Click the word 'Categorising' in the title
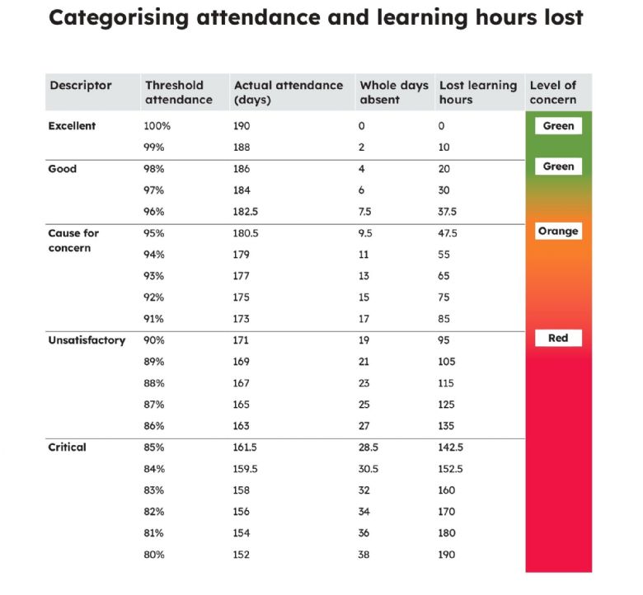[119, 18]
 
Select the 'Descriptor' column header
[81, 85]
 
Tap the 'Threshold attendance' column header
[179, 92]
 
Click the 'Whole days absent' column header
[394, 92]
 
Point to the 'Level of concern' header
[553, 92]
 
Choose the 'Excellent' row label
[72, 126]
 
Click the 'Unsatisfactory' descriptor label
[87, 340]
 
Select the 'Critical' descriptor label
[67, 447]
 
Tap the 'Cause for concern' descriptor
[73, 241]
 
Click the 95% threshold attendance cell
[154, 233]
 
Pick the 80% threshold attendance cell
[154, 555]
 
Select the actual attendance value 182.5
[245, 212]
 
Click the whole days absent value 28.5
[368, 447]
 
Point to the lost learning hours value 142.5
[450, 447]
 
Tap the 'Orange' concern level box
[558, 232]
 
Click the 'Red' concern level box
[558, 339]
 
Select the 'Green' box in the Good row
[558, 166]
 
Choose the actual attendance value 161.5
[245, 447]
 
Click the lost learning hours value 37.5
[447, 212]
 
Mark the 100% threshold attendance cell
[157, 126]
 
